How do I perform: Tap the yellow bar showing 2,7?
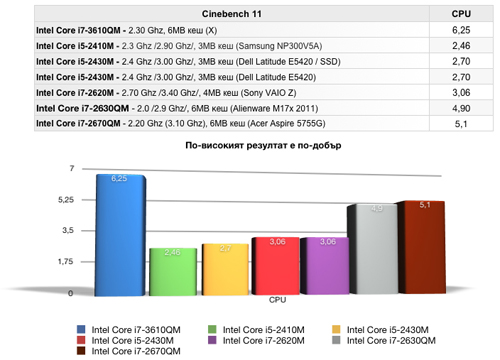click(x=224, y=269)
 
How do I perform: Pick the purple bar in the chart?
click(x=328, y=266)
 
